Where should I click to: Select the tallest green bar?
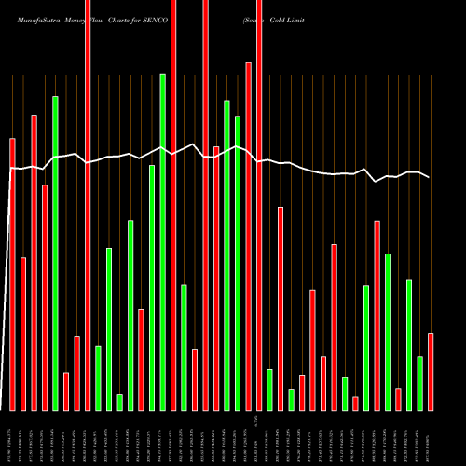tap(162, 242)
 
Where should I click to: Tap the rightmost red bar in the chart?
tap(431, 372)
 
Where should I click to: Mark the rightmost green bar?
tap(420, 383)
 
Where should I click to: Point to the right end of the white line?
tap(430, 177)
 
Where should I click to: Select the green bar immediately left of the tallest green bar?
tap(152, 288)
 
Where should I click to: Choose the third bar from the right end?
tap(409, 345)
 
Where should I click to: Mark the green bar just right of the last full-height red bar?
tap(269, 390)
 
